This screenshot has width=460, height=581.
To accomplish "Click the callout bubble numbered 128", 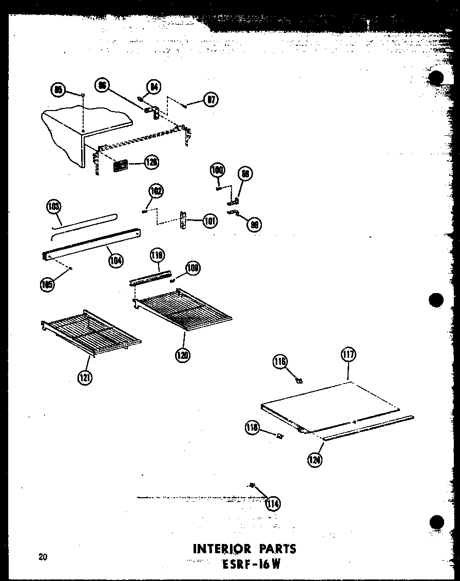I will click(x=151, y=162).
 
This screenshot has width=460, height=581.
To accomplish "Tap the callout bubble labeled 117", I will click(x=348, y=355).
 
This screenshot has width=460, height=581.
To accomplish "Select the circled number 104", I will click(x=116, y=260).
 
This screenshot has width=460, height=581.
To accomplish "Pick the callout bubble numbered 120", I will click(x=183, y=354).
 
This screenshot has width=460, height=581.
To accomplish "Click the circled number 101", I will click(x=210, y=221).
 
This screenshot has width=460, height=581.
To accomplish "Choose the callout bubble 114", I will click(x=273, y=503).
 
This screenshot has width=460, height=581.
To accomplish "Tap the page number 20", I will click(x=43, y=556).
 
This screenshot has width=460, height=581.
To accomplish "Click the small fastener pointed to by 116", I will click(x=299, y=380).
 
